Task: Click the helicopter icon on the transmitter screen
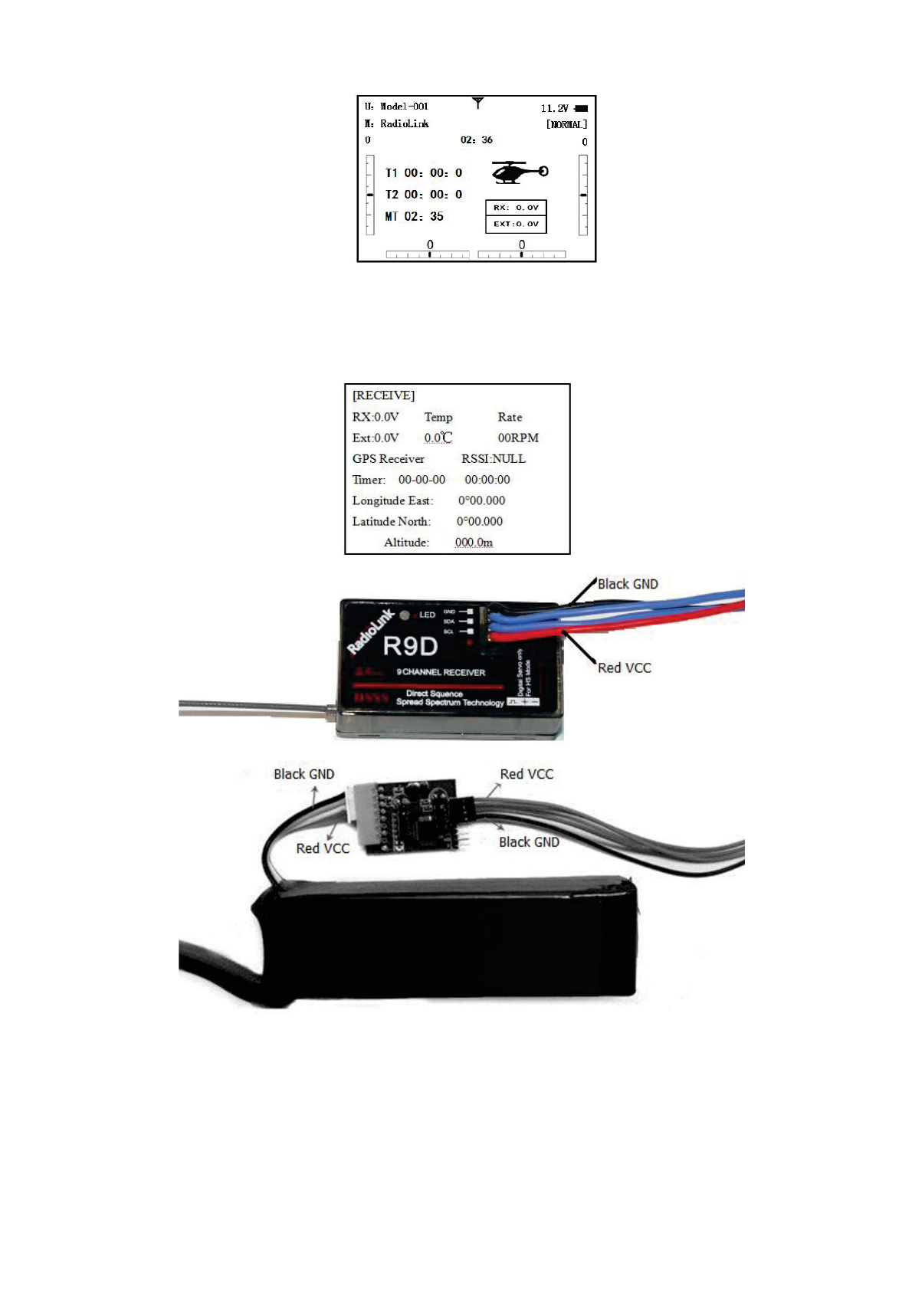coord(519,172)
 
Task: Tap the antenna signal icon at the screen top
coord(477,103)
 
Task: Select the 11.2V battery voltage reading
coord(554,109)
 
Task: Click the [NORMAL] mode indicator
coord(566,124)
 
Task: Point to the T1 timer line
coord(423,173)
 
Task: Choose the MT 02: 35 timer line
coord(414,217)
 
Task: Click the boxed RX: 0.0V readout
coord(516,208)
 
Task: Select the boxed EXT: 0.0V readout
coord(516,224)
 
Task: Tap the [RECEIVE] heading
coord(383,395)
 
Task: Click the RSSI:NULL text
coord(493,459)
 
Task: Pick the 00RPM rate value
coord(518,438)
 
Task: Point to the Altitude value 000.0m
coord(474,543)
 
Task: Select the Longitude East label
coord(392,501)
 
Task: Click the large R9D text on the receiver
coord(410,646)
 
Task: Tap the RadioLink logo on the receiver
coord(370,632)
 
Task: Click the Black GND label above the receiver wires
coord(628,584)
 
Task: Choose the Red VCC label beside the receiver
coord(624,668)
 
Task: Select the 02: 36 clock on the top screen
coord(476,140)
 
